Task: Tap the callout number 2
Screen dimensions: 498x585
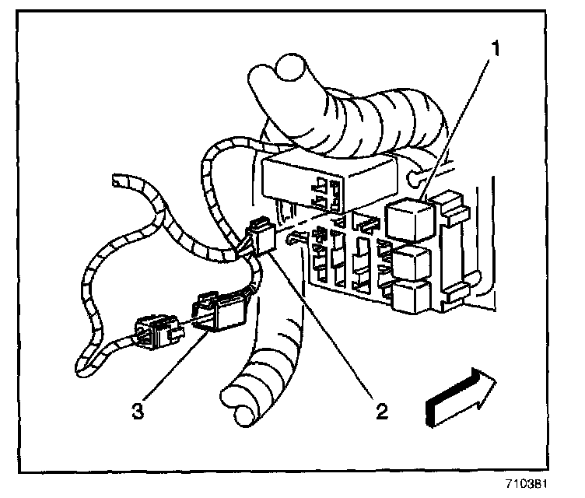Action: point(380,411)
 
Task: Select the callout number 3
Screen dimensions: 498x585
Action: point(138,411)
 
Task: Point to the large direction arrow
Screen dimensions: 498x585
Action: point(460,398)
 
